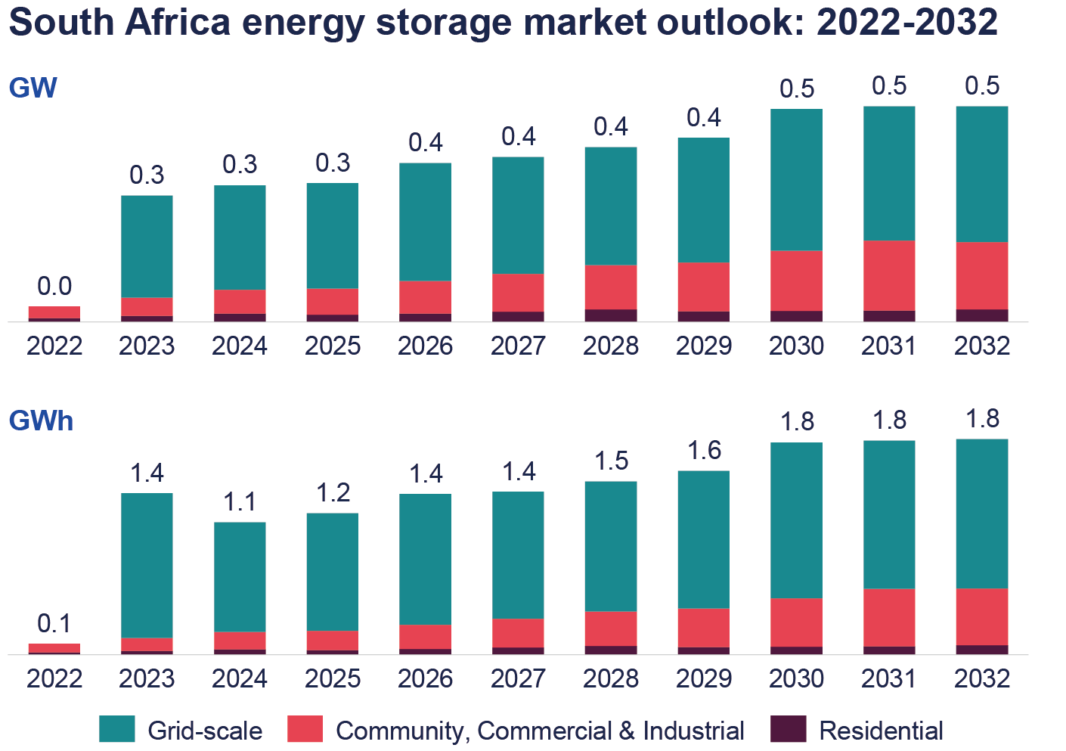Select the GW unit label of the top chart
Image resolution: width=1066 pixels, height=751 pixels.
click(33, 88)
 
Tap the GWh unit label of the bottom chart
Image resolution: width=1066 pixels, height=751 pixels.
click(41, 420)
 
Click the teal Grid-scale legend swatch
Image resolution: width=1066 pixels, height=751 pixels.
click(117, 729)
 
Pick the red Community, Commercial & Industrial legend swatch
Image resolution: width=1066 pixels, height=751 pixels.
click(305, 729)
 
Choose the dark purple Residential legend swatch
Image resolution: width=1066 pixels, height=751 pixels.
click(789, 729)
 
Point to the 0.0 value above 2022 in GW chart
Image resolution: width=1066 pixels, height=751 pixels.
click(54, 286)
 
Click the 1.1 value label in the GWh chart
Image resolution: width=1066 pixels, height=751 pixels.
click(240, 501)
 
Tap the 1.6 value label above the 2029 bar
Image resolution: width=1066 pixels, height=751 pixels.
click(704, 451)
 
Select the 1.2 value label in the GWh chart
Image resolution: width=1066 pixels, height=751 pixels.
click(333, 492)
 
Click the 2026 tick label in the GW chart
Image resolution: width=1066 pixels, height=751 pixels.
click(426, 346)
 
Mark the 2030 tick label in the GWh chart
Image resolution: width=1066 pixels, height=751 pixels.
click(797, 678)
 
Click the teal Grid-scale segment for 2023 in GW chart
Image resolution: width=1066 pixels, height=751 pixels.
click(147, 246)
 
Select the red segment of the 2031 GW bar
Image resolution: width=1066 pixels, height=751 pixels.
click(889, 275)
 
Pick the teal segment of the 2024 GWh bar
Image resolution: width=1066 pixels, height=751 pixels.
click(240, 576)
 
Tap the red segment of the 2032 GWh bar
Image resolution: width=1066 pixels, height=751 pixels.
click(982, 616)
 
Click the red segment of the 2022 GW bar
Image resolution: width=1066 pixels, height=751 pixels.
click(54, 312)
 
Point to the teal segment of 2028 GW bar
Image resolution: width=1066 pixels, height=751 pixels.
click(611, 206)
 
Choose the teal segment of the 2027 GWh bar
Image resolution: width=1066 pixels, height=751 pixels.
click(518, 554)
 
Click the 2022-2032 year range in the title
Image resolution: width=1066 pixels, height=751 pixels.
click(907, 23)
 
